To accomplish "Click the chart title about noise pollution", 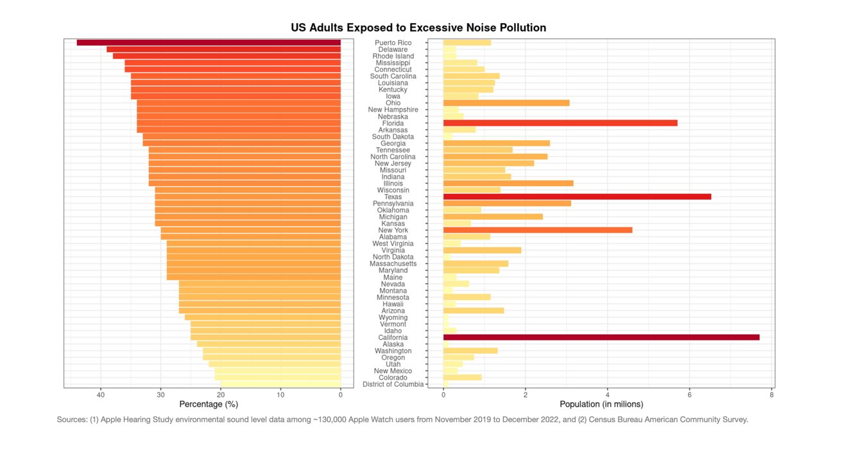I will (418, 28).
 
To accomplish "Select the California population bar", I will (601, 338).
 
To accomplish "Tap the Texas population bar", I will (577, 197).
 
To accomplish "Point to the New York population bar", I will (537, 230).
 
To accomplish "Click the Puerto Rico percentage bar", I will (209, 43).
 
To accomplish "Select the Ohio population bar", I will (506, 103).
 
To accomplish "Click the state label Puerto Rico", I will (393, 43).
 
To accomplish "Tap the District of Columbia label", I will (393, 384).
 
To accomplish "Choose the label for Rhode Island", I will (393, 57).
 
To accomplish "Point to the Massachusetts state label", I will (393, 263).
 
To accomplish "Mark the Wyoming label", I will (393, 317).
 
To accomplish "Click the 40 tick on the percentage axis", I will (101, 394).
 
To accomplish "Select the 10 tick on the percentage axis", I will (280, 394).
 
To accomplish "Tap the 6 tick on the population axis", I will (689, 394).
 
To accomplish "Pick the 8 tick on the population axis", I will (771, 394).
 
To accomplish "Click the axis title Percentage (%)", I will (209, 405).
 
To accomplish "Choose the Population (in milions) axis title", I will (601, 405).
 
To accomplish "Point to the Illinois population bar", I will (508, 183).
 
